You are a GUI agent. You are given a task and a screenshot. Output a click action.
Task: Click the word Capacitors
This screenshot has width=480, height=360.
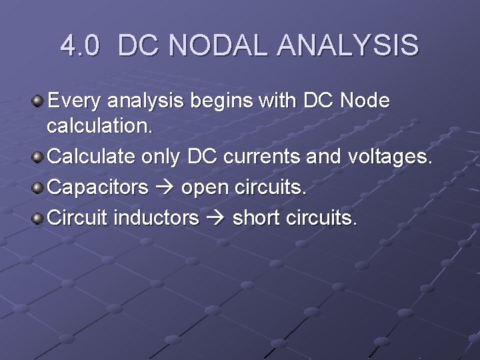pyautogui.click(x=99, y=187)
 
